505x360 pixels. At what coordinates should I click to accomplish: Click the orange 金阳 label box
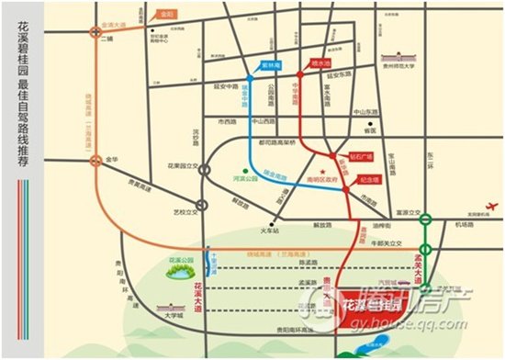coord(166,16)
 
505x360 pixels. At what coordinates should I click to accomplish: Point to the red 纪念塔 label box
coord(369,180)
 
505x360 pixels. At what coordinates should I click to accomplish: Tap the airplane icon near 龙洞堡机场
coord(488,206)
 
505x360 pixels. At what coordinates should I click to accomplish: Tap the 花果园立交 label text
coord(185,167)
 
